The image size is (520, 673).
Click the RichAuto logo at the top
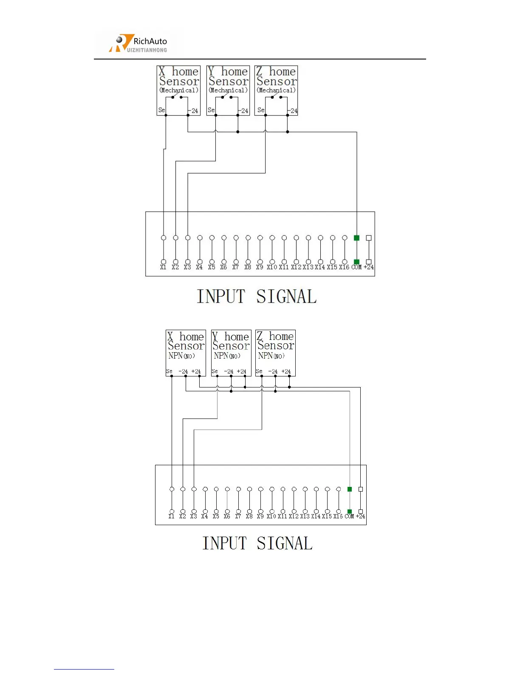pos(138,43)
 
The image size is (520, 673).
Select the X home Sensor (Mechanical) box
pos(178,90)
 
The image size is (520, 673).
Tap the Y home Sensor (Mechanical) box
pos(228,90)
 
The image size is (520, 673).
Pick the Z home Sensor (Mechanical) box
pos(276,90)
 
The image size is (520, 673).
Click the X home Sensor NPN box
pos(186,353)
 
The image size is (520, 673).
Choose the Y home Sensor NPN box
pos(231,353)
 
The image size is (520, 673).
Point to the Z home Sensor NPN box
pos(275,353)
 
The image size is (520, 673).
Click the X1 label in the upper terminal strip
pos(163,267)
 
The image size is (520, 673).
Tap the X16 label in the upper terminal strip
pos(344,267)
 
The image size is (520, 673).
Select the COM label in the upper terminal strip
pos(356,267)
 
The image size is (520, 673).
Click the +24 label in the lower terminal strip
pos(360,516)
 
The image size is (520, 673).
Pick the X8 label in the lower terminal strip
pos(249,516)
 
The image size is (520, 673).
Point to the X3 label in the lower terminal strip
pos(194,516)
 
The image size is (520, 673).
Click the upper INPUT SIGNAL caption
pos(257,297)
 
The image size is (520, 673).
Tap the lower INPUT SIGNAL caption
pos(257,543)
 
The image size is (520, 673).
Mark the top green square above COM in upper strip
pos(357,238)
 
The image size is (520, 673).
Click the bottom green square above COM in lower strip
pos(350,512)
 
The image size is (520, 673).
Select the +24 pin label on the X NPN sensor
pos(196,371)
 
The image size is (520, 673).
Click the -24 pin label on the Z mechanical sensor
pos(293,111)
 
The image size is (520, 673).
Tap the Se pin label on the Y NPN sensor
pos(215,371)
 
